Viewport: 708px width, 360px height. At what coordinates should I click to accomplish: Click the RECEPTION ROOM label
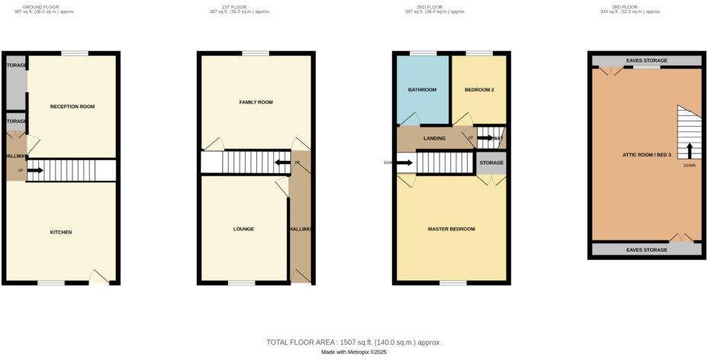[x=72, y=106]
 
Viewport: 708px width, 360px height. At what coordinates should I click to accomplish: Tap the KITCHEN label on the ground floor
[x=61, y=232]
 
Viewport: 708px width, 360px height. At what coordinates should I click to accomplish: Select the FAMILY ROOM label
[x=256, y=101]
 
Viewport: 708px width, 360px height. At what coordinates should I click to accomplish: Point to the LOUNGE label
[x=244, y=229]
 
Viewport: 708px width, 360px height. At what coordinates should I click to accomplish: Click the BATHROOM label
[x=422, y=90]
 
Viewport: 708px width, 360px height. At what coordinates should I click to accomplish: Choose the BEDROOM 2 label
[x=479, y=90]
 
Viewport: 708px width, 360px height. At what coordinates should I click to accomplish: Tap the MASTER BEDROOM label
[x=452, y=229]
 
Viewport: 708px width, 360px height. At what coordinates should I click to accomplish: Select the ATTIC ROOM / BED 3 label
[x=645, y=155]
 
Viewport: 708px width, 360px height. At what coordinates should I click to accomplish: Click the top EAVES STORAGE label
[x=647, y=60]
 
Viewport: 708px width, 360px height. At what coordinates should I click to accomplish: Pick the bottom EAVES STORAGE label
[x=647, y=249]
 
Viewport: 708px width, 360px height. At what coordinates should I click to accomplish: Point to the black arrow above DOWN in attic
[x=690, y=150]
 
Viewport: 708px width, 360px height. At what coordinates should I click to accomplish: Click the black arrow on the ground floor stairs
[x=35, y=170]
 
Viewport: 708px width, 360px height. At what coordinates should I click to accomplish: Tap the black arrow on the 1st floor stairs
[x=282, y=162]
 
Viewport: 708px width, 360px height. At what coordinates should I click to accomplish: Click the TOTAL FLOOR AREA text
[x=353, y=342]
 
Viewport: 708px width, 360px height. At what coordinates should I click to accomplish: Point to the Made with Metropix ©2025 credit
[x=353, y=352]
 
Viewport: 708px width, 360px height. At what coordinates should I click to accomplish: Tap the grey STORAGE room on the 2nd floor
[x=491, y=162]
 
